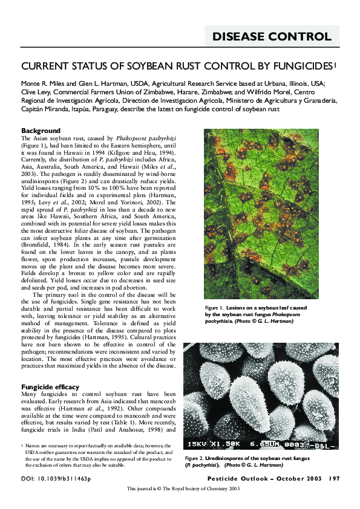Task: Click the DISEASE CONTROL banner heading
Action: [272, 37]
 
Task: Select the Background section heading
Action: [41, 131]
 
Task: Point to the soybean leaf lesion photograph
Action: [270, 213]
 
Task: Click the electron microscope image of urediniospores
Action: [270, 398]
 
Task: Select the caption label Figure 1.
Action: [215, 308]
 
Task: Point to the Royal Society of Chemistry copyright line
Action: [180, 488]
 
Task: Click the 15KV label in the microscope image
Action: [198, 444]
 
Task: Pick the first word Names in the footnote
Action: [34, 446]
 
